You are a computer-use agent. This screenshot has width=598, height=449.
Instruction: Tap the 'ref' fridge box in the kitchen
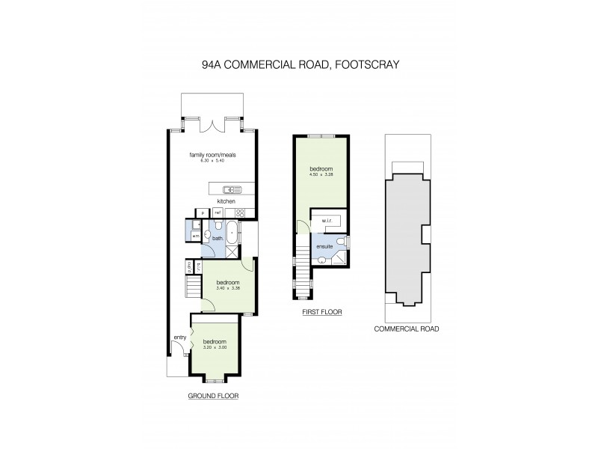[x=217, y=213]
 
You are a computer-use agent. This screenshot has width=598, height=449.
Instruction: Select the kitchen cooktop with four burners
[x=241, y=213]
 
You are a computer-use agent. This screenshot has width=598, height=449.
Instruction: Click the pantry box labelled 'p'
[x=201, y=213]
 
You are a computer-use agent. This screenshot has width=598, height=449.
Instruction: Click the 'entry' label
[x=179, y=337]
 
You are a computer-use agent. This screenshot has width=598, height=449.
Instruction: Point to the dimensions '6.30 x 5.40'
[x=213, y=161]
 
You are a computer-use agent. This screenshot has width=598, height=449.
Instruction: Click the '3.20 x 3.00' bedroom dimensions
[x=215, y=347]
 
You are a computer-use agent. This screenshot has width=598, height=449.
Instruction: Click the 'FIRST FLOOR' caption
[x=322, y=312]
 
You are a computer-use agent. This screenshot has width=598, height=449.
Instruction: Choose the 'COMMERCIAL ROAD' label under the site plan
[x=406, y=329]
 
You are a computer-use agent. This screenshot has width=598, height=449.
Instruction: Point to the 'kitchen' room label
[x=226, y=201]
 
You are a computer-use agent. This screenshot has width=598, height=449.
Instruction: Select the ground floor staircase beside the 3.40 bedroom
[x=193, y=287]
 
